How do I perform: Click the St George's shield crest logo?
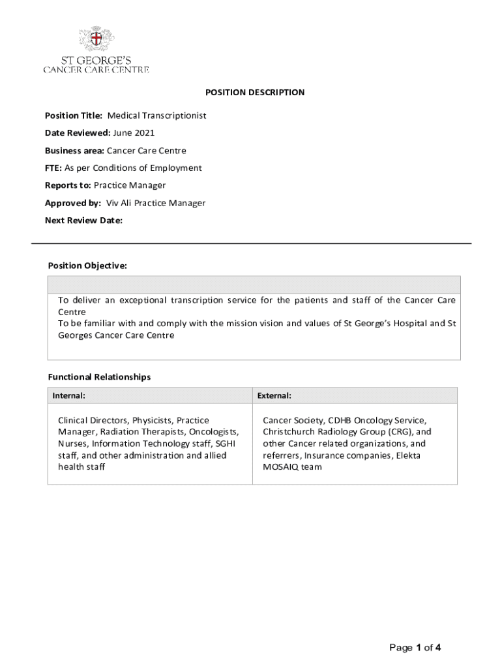(x=96, y=39)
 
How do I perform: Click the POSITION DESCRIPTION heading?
(x=251, y=93)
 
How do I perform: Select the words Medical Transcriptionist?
(x=156, y=115)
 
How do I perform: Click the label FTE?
(x=53, y=168)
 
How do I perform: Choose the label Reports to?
(x=68, y=185)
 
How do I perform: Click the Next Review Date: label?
(x=83, y=220)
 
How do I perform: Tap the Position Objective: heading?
(x=87, y=266)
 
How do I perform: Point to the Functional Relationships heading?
(x=99, y=377)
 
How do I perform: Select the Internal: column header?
(x=68, y=395)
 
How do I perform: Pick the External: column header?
(x=274, y=395)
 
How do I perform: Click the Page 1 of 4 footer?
(x=415, y=648)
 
